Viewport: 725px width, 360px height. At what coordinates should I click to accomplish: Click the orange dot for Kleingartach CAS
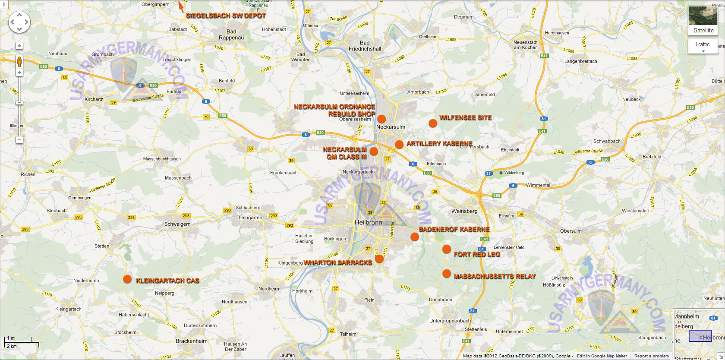point(127,279)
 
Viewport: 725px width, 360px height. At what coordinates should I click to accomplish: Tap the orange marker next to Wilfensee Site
point(433,123)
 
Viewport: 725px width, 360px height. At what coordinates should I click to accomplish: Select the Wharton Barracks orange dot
point(379,259)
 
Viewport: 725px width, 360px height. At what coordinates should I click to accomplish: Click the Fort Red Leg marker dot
point(447,249)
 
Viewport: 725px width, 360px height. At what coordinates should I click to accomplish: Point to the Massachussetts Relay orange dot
point(447,274)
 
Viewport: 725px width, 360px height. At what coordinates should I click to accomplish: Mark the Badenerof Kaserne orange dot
point(415,237)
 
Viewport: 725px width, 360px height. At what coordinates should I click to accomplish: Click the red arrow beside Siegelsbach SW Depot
point(181,6)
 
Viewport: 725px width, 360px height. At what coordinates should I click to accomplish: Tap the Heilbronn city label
point(368,222)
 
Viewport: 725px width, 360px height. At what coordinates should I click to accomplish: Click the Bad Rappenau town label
point(231,35)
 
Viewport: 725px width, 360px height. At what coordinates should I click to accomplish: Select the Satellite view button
point(703,21)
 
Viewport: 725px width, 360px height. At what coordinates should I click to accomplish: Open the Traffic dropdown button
point(703,46)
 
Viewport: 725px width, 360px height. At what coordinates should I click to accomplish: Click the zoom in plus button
point(19,73)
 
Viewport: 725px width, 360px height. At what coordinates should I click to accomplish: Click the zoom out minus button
point(19,140)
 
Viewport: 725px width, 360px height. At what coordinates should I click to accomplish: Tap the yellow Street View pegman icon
point(19,62)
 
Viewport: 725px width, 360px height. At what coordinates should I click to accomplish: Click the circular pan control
point(19,22)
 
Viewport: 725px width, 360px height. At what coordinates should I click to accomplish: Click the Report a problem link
point(651,356)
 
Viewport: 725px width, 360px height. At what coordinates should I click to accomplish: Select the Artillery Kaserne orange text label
point(439,143)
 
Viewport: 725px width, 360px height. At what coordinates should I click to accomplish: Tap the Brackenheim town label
point(192,341)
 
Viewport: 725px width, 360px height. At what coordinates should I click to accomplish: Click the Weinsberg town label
point(464,211)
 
